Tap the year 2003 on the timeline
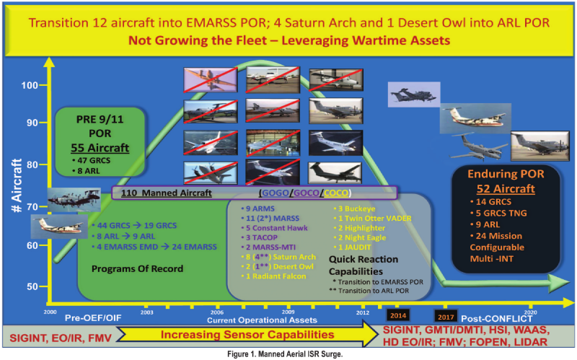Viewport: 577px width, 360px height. pyautogui.click(x=146, y=312)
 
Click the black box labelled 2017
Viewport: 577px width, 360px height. pyautogui.click(x=446, y=315)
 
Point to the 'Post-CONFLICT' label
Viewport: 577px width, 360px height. pyautogui.click(x=498, y=317)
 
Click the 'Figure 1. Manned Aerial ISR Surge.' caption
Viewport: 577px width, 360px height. pyautogui.click(x=287, y=354)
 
